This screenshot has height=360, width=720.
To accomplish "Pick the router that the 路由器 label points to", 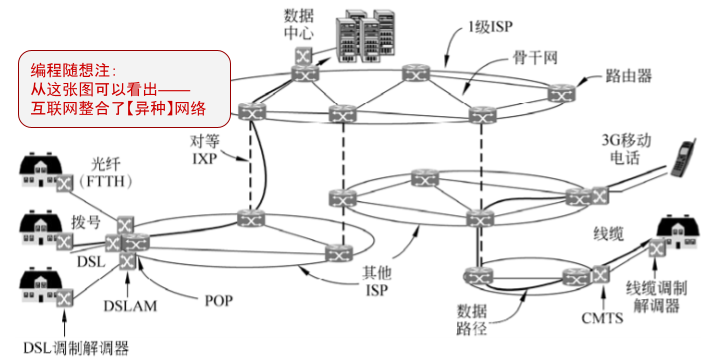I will [x=557, y=93].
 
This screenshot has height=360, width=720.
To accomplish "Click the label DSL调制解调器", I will [x=66, y=347].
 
